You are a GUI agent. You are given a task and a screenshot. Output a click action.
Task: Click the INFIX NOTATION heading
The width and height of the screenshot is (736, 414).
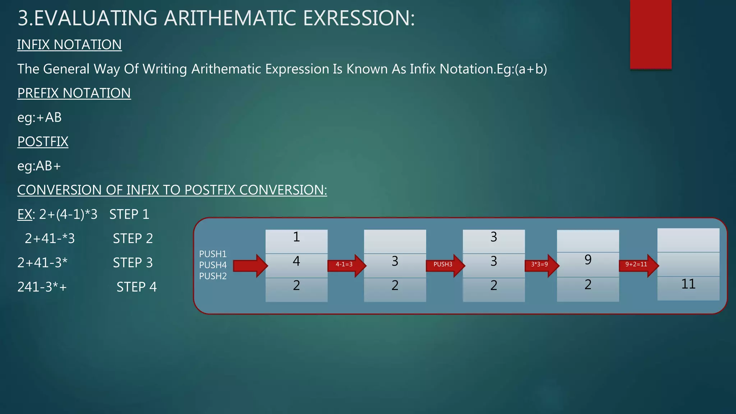coord(69,45)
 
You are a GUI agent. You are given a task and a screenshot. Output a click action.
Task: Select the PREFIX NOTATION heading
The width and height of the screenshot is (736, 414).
coord(74,93)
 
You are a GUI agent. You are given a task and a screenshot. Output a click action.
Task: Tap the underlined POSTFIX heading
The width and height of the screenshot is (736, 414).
coord(43,142)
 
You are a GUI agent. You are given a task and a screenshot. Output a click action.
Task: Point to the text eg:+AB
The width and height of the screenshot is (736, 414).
coord(40,118)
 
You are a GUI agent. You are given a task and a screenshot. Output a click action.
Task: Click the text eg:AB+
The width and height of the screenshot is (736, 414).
coord(39,166)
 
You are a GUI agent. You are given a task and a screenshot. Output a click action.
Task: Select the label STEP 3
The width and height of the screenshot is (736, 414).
coord(133,263)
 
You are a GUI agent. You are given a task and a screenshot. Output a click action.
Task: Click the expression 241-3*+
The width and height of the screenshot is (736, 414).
coord(42,287)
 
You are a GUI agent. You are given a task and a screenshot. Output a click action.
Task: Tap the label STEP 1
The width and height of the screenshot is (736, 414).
coord(129,215)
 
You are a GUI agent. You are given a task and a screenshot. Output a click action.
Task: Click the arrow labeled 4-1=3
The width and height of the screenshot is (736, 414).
coord(346,265)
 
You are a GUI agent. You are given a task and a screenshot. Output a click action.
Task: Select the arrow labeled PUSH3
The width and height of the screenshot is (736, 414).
coord(445,265)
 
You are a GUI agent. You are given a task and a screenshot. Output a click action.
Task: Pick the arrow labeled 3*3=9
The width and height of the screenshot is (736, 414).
coord(541,265)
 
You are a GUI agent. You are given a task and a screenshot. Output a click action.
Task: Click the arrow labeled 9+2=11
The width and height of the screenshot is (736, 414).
coord(638,265)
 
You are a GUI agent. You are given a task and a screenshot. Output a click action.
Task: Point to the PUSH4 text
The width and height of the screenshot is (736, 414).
coord(213,265)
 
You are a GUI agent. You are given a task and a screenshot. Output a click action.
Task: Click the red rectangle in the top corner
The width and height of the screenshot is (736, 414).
coord(650,34)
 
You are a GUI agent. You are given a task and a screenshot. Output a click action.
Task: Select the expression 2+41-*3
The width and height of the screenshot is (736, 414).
coord(50,239)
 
